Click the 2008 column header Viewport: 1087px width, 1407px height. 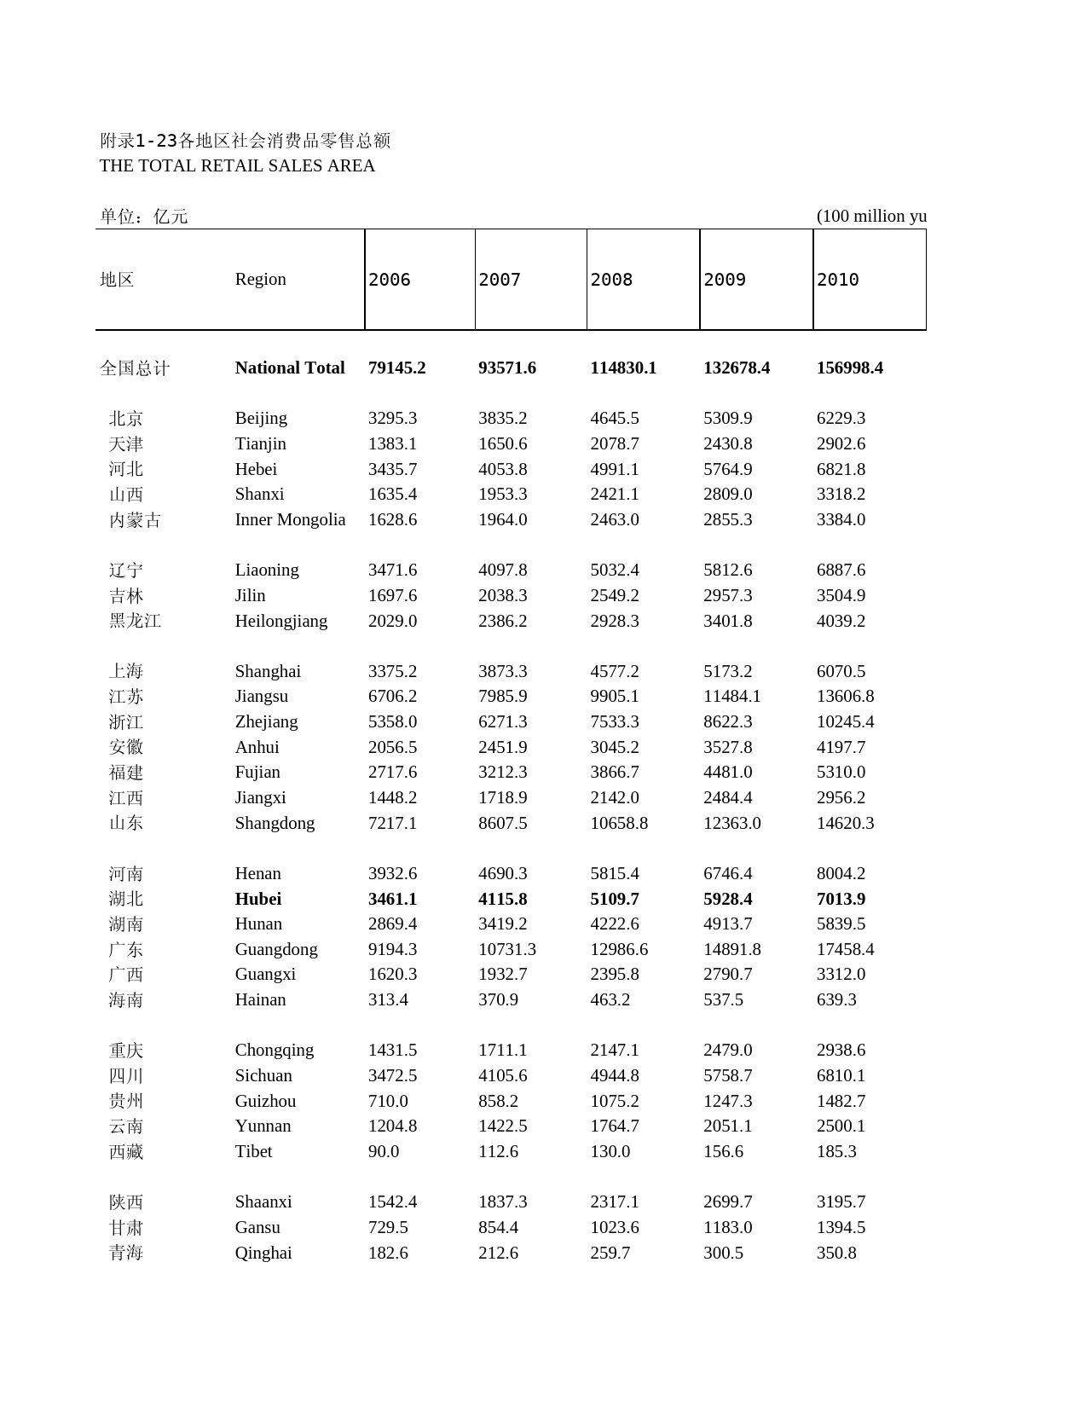click(x=611, y=280)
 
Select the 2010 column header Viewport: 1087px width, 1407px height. click(x=838, y=280)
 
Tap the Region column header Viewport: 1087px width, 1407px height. click(x=260, y=279)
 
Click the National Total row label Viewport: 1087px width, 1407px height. click(x=290, y=368)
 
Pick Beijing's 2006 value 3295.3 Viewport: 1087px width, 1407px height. click(x=392, y=418)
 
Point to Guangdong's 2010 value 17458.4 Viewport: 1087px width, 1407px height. click(x=845, y=949)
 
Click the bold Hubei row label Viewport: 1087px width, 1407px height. click(x=257, y=899)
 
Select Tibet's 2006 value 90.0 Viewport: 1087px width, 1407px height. click(x=384, y=1151)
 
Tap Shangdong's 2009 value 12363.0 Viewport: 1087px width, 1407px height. click(x=731, y=823)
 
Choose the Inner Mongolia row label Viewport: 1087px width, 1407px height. click(x=290, y=519)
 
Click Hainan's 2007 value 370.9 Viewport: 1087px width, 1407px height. click(x=498, y=999)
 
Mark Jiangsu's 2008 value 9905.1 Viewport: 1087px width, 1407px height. click(x=614, y=696)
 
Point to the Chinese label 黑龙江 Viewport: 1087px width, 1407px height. click(x=135, y=621)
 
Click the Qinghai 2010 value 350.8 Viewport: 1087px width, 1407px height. click(x=836, y=1253)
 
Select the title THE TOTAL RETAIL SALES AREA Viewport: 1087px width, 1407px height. click(x=237, y=165)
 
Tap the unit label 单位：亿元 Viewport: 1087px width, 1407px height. click(x=143, y=216)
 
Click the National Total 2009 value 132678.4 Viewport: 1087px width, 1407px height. click(x=736, y=368)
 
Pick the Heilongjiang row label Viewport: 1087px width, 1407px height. click(x=280, y=621)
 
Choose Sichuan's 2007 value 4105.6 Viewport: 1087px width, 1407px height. click(x=502, y=1075)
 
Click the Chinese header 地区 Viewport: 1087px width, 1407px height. click(x=117, y=280)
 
